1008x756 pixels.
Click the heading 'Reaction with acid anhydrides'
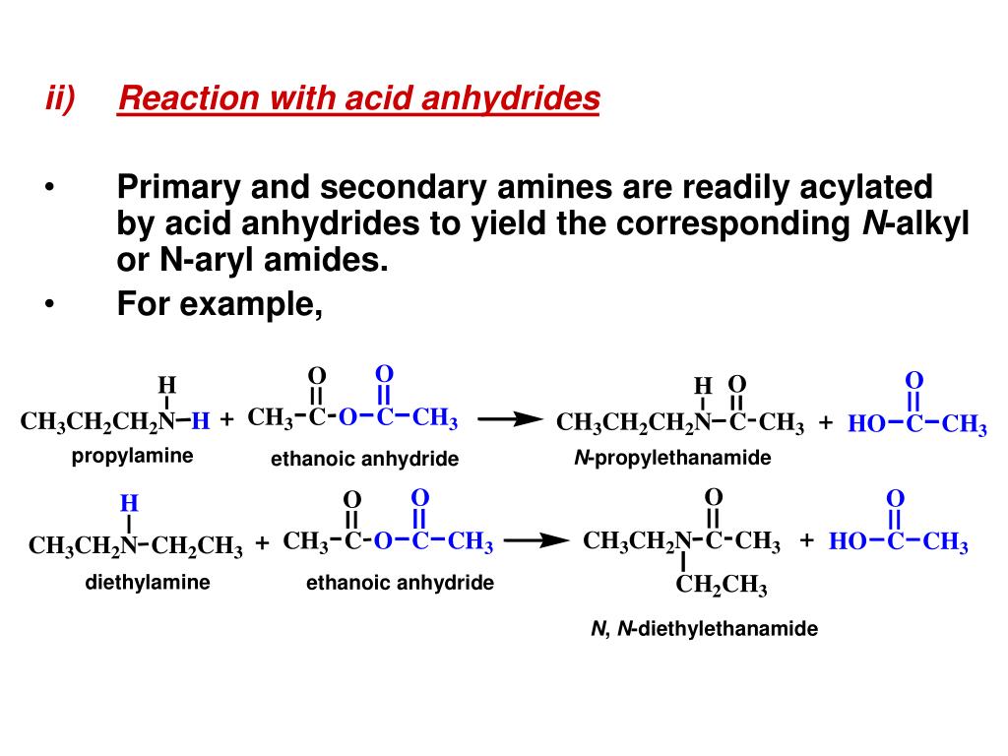point(358,98)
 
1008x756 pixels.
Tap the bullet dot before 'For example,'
point(49,304)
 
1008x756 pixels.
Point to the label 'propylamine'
point(132,456)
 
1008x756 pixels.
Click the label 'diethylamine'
point(148,582)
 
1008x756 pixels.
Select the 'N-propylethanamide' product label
point(673,458)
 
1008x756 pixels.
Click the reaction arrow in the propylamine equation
point(510,419)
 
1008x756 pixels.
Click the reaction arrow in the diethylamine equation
point(536,540)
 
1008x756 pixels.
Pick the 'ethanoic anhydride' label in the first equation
point(365,459)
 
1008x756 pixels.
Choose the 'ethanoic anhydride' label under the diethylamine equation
point(400,583)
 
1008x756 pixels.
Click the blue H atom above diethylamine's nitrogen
point(129,504)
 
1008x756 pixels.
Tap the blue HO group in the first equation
point(866,424)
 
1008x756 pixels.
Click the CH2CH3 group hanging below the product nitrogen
point(722,587)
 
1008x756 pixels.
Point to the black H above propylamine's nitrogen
point(166,384)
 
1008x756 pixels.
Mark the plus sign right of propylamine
point(227,420)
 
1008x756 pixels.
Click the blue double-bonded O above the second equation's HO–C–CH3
point(895,498)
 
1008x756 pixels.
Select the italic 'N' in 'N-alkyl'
point(872,224)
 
